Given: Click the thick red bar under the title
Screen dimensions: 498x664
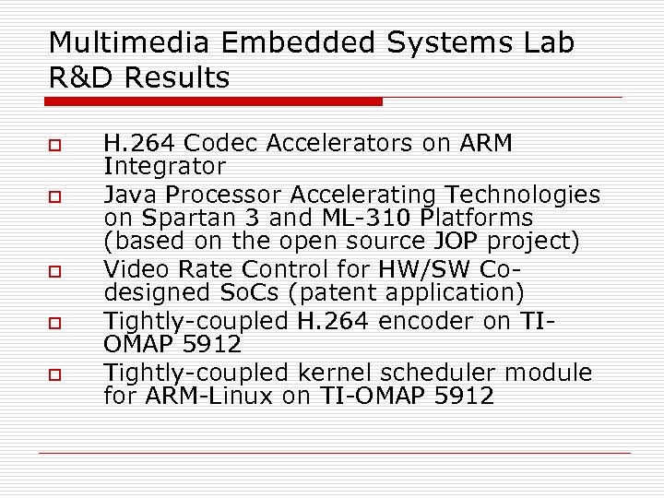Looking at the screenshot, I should click(x=215, y=101).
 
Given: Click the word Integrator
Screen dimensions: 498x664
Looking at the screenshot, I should click(x=164, y=167).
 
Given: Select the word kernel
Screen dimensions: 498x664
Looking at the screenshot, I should click(x=332, y=373).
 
